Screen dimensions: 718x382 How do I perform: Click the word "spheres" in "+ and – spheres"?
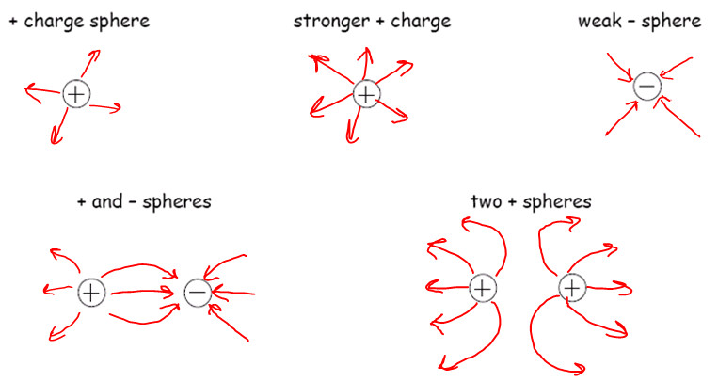click(177, 201)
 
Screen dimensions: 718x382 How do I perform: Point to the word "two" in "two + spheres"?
click(486, 201)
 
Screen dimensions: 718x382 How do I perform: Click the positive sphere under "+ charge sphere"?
click(76, 93)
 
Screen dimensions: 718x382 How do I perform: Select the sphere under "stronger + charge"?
click(366, 93)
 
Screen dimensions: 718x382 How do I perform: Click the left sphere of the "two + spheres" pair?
click(482, 288)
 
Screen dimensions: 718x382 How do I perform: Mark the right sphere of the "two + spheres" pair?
click(571, 287)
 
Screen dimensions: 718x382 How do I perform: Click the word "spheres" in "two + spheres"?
click(560, 201)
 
